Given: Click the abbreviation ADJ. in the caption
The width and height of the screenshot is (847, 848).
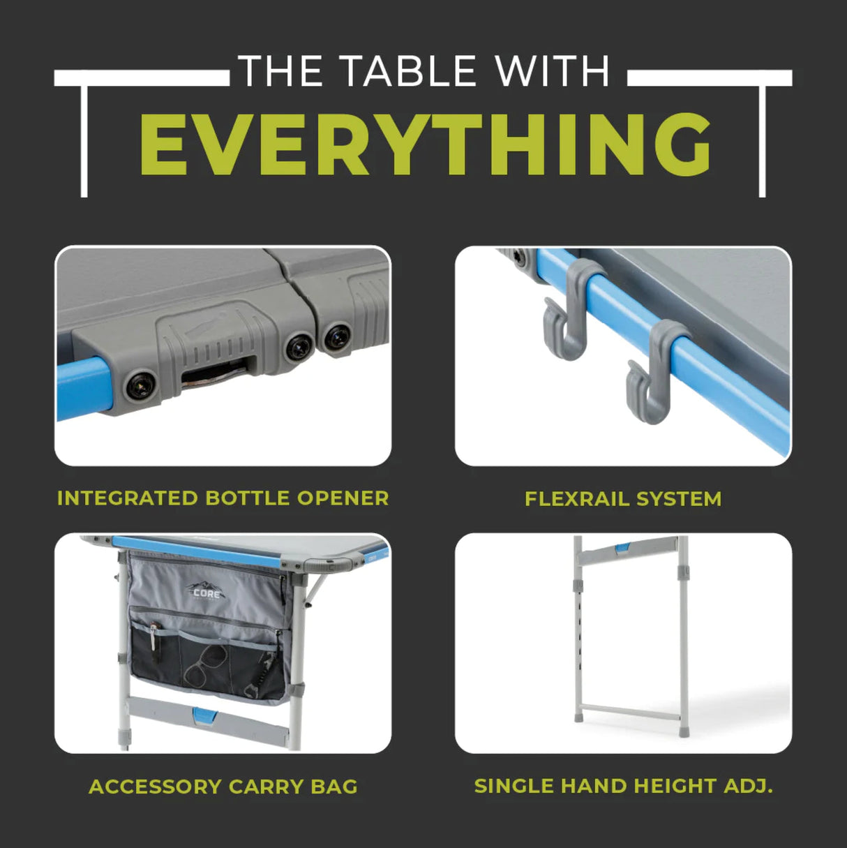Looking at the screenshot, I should [748, 786].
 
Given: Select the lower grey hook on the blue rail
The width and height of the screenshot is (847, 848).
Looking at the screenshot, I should [652, 373].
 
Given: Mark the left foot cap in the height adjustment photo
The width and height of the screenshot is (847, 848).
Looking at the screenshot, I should [579, 717].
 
